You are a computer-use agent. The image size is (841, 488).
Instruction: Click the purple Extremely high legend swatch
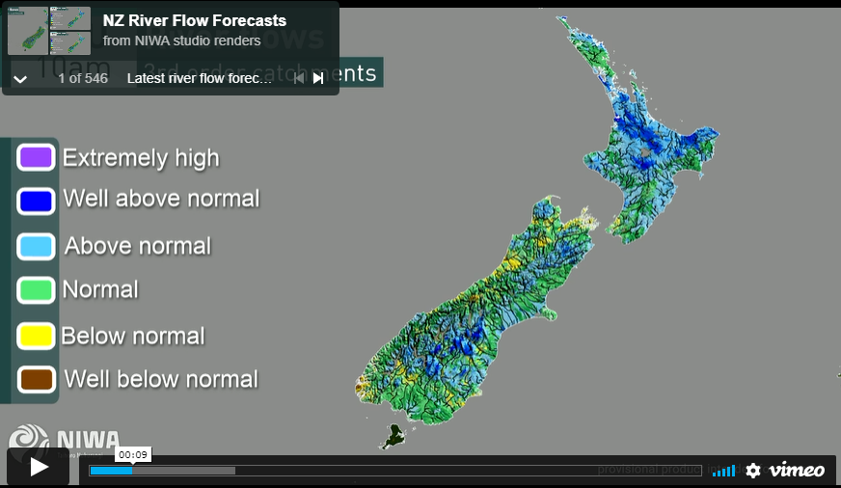(x=36, y=157)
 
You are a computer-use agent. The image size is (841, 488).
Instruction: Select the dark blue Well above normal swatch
(x=36, y=201)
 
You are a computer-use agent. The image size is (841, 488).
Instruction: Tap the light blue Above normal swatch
(x=36, y=246)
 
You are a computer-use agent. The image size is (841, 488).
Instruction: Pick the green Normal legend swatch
(x=36, y=289)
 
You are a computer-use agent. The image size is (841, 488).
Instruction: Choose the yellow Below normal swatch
(x=36, y=336)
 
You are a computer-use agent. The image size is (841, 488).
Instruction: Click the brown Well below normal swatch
(x=36, y=379)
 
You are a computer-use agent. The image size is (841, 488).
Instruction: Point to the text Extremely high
(x=141, y=158)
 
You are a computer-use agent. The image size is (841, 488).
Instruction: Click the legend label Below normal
(x=133, y=337)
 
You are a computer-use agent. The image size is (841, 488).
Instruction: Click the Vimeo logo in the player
(x=797, y=470)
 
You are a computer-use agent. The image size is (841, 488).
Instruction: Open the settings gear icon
(x=753, y=471)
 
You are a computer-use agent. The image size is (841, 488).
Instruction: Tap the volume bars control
(x=724, y=471)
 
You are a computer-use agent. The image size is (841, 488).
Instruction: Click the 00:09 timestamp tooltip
(x=133, y=454)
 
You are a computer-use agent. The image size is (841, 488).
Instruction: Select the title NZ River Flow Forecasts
(x=195, y=20)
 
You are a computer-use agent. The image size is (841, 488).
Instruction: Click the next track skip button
(x=318, y=78)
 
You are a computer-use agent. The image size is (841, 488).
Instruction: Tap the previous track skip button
(x=299, y=78)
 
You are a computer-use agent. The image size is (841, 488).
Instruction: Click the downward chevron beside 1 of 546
(x=20, y=79)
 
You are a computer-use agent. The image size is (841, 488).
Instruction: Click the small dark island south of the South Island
(x=393, y=436)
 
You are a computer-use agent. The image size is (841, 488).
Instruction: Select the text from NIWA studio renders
(x=181, y=41)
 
